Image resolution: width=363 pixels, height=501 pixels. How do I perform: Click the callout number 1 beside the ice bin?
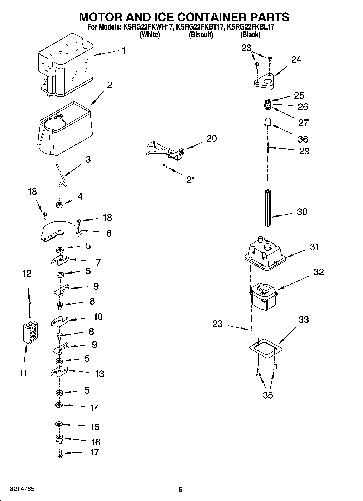point(124,51)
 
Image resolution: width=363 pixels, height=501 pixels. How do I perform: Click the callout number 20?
point(211,138)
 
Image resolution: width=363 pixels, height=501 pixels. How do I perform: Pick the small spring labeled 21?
point(165,166)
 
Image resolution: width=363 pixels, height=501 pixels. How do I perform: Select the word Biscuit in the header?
point(201,35)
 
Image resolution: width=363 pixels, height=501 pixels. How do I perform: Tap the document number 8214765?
point(22,489)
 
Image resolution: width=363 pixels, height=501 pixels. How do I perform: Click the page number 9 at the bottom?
point(181,489)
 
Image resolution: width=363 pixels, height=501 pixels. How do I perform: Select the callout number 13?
point(99,374)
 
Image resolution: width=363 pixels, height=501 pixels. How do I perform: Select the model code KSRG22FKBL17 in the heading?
point(250,27)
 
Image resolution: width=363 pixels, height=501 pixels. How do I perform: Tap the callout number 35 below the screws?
point(268,395)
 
